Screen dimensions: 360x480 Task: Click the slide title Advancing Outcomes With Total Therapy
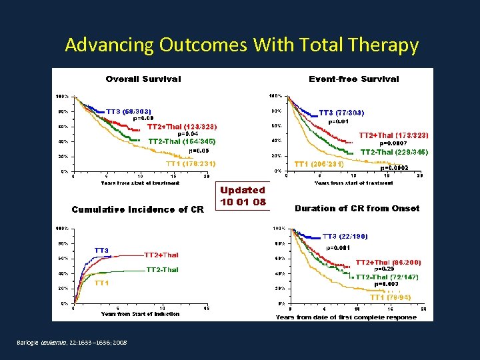(x=242, y=45)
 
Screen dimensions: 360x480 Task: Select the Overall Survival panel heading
(x=143, y=79)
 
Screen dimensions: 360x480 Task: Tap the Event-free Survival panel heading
(x=354, y=79)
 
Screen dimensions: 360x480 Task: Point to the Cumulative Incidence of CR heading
(x=137, y=209)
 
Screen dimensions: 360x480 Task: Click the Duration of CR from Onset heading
(x=357, y=208)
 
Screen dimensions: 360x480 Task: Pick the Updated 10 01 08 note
(x=243, y=196)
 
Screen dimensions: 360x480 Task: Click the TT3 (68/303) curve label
(x=129, y=111)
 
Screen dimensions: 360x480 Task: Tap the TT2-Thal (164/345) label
(x=182, y=141)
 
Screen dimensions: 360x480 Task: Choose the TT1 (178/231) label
(x=190, y=163)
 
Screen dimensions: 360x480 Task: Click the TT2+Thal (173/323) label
(x=393, y=135)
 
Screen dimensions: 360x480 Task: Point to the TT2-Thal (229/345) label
(x=395, y=152)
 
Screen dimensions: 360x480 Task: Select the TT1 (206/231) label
(x=319, y=164)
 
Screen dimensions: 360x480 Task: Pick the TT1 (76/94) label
(x=390, y=297)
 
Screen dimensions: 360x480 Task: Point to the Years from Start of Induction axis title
(x=140, y=314)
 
